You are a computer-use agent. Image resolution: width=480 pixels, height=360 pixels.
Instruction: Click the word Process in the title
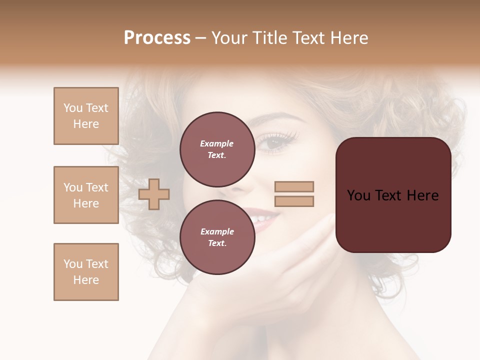(157, 38)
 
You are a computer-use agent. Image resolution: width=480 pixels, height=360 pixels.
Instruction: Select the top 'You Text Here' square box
(86, 116)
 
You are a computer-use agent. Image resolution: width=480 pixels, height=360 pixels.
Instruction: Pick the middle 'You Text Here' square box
(86, 195)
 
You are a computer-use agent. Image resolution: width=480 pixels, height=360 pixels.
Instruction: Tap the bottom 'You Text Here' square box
(86, 272)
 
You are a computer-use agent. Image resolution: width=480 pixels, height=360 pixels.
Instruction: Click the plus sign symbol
(154, 194)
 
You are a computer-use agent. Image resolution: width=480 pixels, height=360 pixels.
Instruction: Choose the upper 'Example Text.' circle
(217, 149)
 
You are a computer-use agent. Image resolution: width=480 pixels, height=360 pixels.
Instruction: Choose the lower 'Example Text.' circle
(217, 237)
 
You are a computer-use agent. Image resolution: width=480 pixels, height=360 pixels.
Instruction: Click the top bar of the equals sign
(294, 187)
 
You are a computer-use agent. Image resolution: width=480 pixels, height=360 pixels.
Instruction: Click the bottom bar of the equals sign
(294, 201)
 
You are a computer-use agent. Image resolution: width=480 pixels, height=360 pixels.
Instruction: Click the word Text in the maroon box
(393, 195)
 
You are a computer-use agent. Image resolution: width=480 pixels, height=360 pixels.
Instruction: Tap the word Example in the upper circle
(217, 143)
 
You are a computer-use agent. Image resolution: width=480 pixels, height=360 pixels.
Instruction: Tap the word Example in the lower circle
(217, 231)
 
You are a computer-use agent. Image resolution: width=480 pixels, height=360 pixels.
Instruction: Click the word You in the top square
(72, 108)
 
